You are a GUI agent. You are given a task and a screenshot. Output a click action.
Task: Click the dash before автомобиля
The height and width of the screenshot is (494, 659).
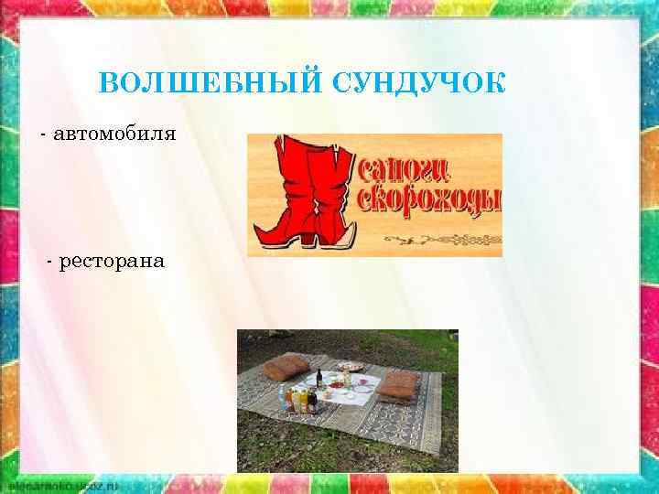(43, 135)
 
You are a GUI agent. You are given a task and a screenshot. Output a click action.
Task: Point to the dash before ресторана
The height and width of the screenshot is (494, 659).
(49, 263)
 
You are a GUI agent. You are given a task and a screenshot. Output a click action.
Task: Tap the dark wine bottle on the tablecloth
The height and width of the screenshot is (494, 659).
(319, 379)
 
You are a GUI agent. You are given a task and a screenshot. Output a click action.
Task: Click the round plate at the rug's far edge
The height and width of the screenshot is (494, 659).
(348, 366)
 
